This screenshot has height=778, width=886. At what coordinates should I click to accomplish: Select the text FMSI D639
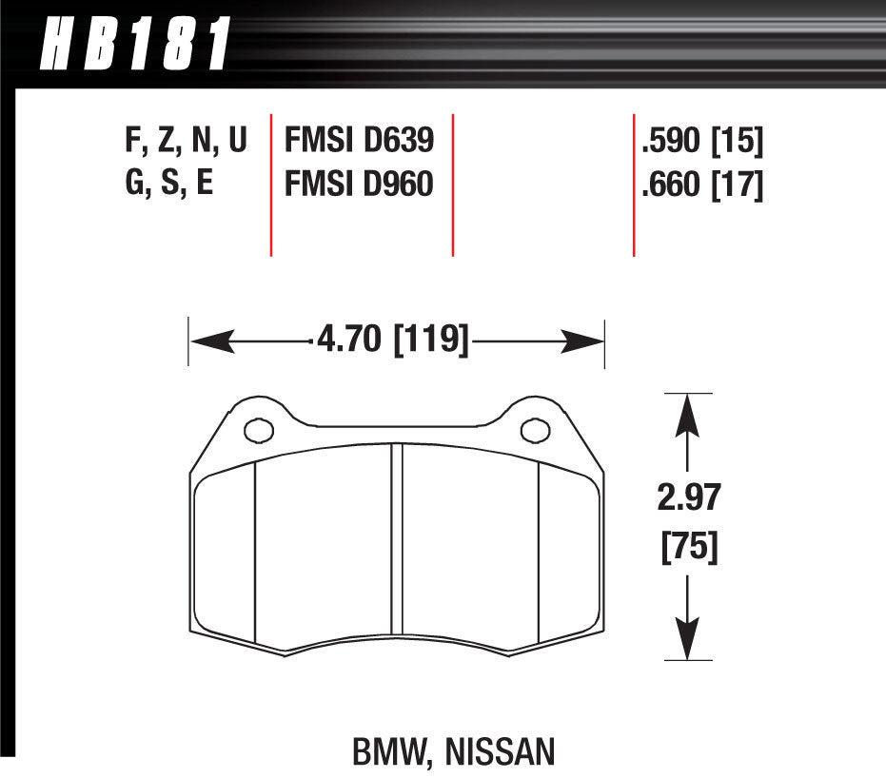[x=359, y=142]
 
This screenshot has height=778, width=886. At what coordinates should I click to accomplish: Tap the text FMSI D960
[x=359, y=183]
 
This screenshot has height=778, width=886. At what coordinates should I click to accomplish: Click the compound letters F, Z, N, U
[x=186, y=142]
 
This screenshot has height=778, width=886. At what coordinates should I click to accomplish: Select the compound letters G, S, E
[x=169, y=183]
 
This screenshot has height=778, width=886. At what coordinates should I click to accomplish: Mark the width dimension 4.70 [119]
[x=391, y=339]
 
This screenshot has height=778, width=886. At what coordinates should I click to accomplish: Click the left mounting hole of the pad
[x=257, y=431]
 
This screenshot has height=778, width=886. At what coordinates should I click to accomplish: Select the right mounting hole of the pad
[x=536, y=431]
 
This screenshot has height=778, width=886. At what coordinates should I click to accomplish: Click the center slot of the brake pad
[x=397, y=552]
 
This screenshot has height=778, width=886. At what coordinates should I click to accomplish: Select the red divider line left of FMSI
[x=271, y=185]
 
